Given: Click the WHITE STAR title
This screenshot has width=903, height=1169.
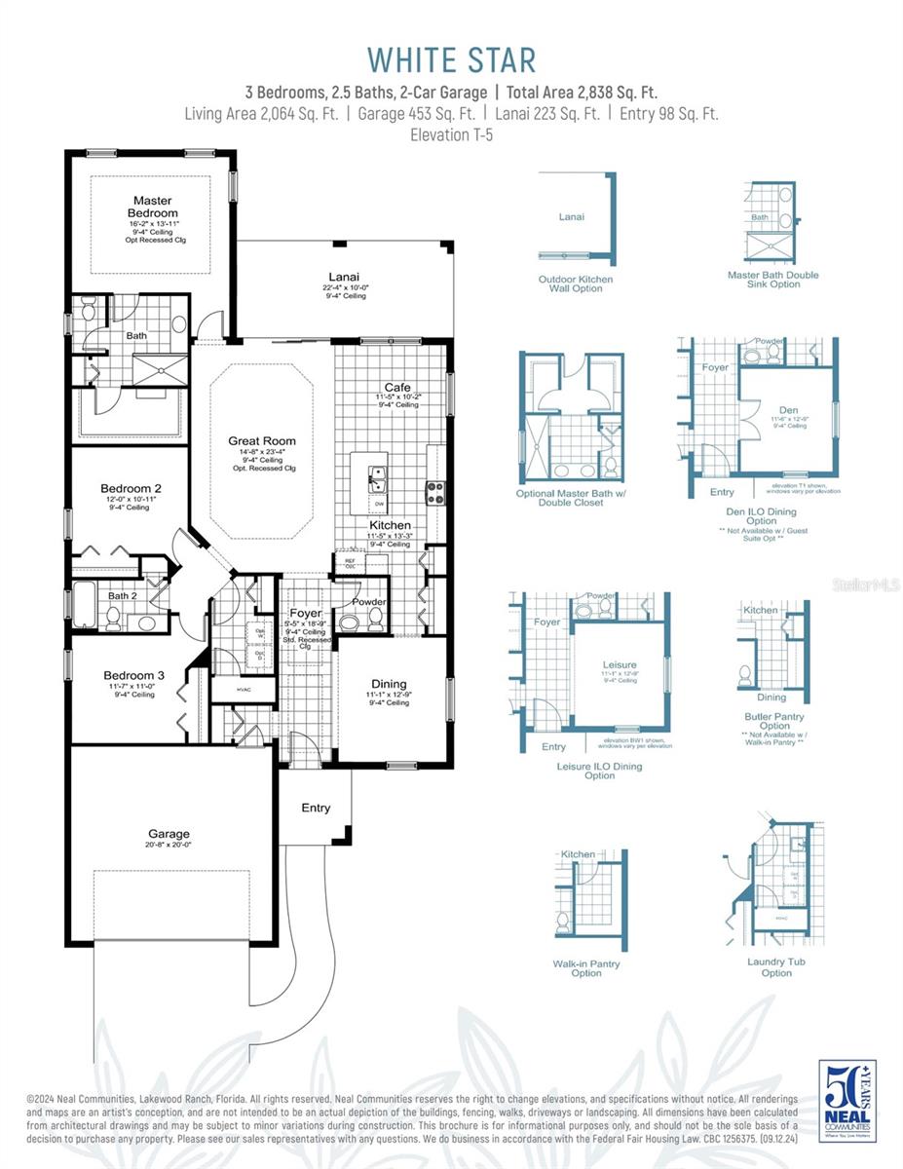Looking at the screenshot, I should pos(451,59).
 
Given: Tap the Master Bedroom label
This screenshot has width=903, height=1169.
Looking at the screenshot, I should pos(153,207).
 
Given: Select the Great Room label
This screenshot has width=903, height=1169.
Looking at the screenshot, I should pos(262,441).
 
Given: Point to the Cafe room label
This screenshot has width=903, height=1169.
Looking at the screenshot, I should pos(397,387).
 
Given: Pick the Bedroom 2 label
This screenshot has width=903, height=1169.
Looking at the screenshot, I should pos(131,488).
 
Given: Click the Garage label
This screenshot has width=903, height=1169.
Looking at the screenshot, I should pos(169,834).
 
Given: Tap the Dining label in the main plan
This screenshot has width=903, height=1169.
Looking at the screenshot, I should pos(389,683).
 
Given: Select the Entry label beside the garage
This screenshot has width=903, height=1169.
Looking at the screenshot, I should pos(316,808).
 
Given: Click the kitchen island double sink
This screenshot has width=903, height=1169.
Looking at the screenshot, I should pos(378,478).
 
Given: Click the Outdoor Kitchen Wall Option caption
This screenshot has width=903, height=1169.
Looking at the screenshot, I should pos(577,283).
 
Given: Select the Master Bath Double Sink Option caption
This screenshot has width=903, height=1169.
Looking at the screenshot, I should pos(772,280).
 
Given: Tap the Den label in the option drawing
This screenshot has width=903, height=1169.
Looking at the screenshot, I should pos(788,410).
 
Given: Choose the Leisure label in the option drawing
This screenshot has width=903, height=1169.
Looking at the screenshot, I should pos(620,664).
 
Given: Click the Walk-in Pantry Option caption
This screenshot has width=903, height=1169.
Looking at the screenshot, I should pos(586,968).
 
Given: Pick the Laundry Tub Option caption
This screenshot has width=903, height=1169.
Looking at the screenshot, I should pos(776,966).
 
